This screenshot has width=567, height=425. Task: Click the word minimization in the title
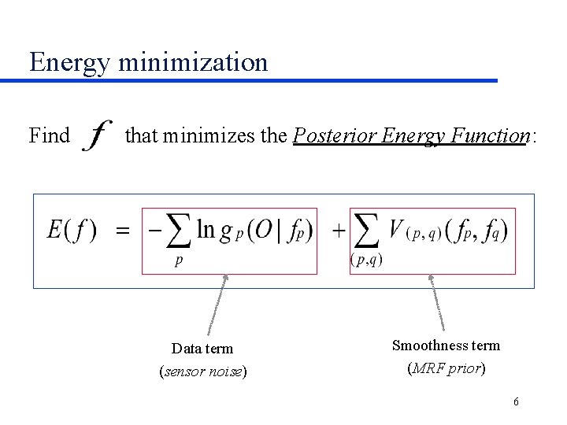click(193, 61)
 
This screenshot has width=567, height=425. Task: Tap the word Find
click(49, 136)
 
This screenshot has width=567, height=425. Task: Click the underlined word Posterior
click(335, 136)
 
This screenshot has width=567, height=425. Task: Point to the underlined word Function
click(492, 136)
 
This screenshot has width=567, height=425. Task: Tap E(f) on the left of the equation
click(72, 231)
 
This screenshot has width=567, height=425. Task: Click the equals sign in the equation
click(123, 231)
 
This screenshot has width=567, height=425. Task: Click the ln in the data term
click(206, 230)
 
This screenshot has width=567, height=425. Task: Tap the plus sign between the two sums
click(338, 231)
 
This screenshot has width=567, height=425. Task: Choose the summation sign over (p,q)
click(366, 230)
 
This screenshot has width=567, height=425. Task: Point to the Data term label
click(202, 349)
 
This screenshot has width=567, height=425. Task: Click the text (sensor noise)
click(202, 371)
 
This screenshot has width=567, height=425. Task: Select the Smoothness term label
click(446, 346)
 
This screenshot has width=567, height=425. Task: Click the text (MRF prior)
click(446, 368)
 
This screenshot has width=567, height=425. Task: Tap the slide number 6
click(516, 402)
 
